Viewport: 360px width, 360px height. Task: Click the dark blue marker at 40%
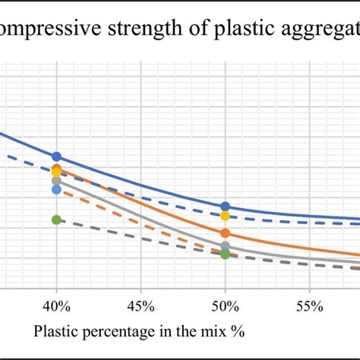pyautogui.click(x=56, y=157)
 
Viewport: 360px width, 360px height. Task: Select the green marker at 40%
pyautogui.click(x=56, y=219)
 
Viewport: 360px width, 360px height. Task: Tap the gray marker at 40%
pyautogui.click(x=56, y=181)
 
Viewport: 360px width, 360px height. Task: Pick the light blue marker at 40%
pyautogui.click(x=56, y=189)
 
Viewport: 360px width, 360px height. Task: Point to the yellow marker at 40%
pyautogui.click(x=56, y=172)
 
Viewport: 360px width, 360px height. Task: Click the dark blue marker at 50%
pyautogui.click(x=225, y=207)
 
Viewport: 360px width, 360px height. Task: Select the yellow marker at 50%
pyautogui.click(x=225, y=216)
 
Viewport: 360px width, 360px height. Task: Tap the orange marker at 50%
pyautogui.click(x=225, y=233)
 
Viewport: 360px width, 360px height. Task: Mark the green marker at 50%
pyautogui.click(x=225, y=254)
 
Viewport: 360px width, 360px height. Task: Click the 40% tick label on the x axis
pyautogui.click(x=56, y=305)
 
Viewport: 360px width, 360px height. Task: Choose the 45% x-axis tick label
pyautogui.click(x=141, y=305)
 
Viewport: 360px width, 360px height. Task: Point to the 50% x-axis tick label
pyautogui.click(x=225, y=305)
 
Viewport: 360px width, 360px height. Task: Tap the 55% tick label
pyautogui.click(x=309, y=305)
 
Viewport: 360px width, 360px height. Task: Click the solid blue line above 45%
pyautogui.click(x=141, y=184)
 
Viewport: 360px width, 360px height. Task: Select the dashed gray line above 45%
pyautogui.click(x=141, y=238)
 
